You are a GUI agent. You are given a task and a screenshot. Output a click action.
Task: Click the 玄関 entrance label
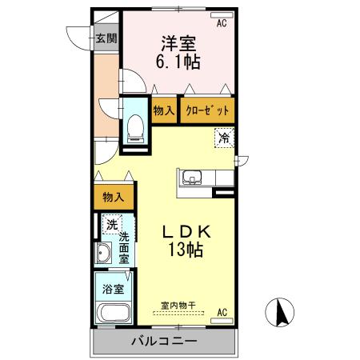[x=106, y=38]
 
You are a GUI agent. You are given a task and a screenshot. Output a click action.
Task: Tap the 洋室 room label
[x=177, y=42]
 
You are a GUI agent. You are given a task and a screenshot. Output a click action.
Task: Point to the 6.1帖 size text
[x=177, y=62]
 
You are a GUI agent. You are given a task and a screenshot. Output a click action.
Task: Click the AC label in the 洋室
[x=221, y=24]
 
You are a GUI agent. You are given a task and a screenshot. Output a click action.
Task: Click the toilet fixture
[x=134, y=125]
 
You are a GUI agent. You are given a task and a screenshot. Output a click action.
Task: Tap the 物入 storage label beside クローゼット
[x=164, y=110]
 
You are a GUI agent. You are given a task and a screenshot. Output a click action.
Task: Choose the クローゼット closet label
[x=207, y=110]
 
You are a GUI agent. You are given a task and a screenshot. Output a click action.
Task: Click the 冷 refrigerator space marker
[x=224, y=138]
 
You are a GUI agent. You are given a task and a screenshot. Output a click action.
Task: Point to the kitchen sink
[x=192, y=178]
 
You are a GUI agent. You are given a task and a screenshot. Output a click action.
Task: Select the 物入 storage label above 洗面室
[x=113, y=197]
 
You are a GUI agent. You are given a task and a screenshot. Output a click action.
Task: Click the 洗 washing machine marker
[x=112, y=225]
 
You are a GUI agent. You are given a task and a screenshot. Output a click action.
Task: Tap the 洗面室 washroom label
[x=126, y=248]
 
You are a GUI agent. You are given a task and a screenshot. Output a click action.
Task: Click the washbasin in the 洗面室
[x=103, y=255]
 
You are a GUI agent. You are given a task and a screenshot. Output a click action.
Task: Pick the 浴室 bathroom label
[x=111, y=290]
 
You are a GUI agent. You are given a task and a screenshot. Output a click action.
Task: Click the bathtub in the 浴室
[x=110, y=314]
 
